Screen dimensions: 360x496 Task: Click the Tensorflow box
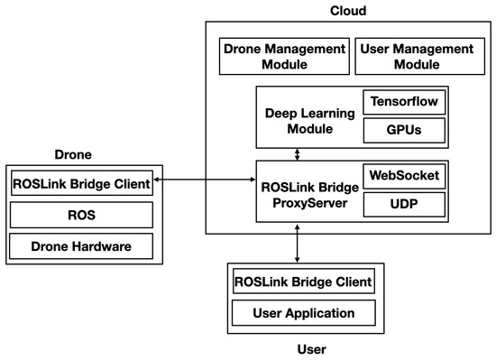pyautogui.click(x=404, y=103)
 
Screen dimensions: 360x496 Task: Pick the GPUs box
pyautogui.click(x=404, y=130)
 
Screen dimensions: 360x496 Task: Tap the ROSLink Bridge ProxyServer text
pyautogui.click(x=309, y=190)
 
